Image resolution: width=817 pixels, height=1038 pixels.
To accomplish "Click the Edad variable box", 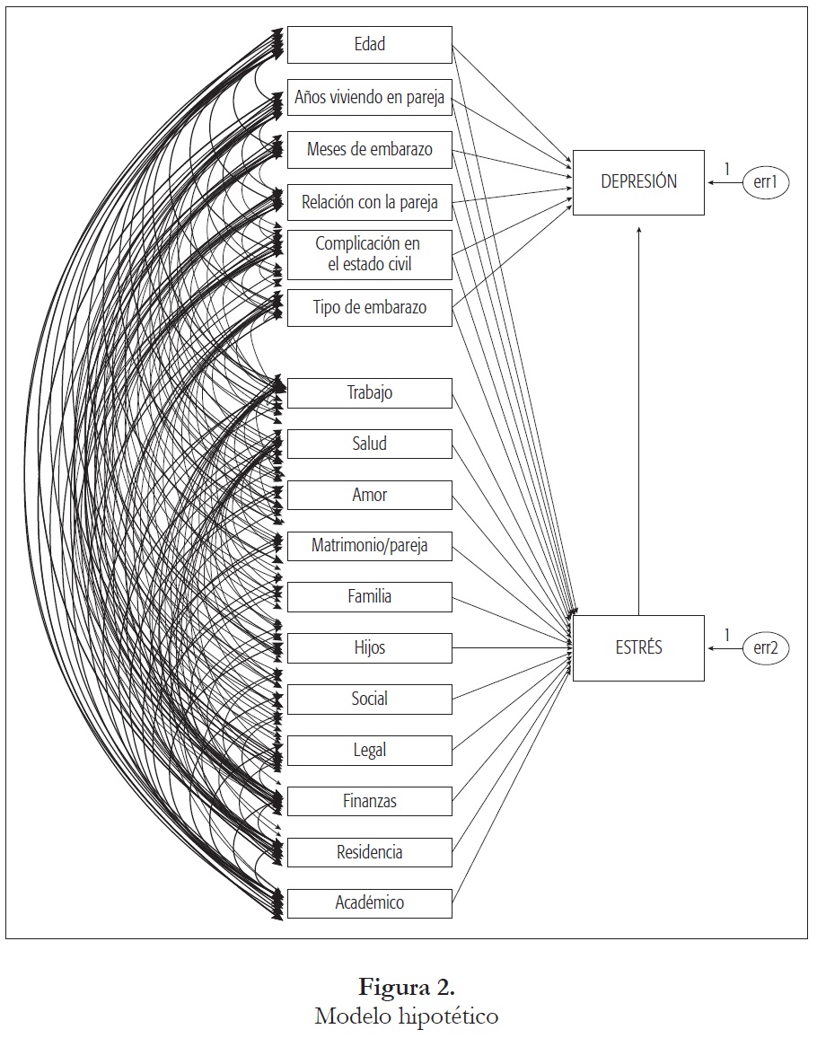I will [369, 45].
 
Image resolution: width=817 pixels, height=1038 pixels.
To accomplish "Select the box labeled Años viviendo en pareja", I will [369, 97].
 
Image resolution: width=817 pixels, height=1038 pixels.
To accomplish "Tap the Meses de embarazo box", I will [369, 149].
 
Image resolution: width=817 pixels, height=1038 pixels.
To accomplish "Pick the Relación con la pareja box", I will [369, 202].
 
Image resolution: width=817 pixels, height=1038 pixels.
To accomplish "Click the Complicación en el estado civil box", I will [369, 255].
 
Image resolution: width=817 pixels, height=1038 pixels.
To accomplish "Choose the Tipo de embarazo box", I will [369, 307].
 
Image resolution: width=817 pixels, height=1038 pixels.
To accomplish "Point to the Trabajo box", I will [369, 392].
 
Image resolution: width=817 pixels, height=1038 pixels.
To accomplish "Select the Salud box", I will [369, 444].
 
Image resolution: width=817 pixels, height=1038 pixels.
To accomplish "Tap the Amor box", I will [369, 495].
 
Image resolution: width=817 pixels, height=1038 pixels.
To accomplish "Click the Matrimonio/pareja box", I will [369, 545].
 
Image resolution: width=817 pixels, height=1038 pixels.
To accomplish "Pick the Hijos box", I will [369, 647].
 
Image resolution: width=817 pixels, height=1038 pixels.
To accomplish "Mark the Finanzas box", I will [369, 801].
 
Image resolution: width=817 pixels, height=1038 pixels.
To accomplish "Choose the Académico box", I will [369, 902].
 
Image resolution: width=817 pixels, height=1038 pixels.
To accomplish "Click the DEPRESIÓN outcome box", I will [638, 182].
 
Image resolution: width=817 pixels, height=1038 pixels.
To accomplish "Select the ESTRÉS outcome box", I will [638, 647].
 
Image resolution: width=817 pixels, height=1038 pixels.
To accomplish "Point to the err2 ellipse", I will [765, 648].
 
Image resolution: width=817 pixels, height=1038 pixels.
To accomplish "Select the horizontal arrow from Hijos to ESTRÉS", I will [512, 647].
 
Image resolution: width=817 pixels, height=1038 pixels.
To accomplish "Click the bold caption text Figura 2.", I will [407, 990].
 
